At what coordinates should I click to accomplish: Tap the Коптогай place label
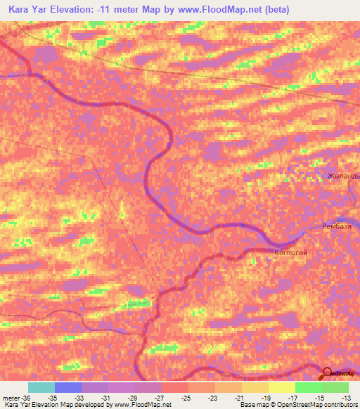pos(290,252)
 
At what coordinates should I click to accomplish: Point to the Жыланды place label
pos(343,176)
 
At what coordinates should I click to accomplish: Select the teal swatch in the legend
pos(41,387)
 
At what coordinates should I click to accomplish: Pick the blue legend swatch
pos(67,387)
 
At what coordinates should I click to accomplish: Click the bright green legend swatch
pos(308,387)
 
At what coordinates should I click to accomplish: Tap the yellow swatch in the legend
pos(281,387)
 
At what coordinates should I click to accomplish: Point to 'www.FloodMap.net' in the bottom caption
pos(141,405)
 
